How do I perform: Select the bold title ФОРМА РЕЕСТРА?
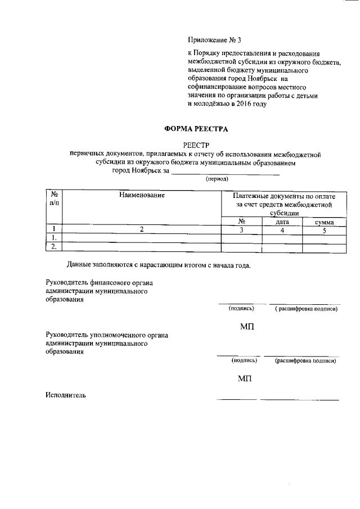pos(195,129)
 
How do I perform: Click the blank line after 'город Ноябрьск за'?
pos(225,172)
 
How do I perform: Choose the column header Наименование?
pos(142,195)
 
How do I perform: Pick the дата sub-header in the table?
pos(282,222)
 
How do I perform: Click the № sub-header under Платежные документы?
pos(241,222)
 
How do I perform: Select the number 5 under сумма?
pos(324,229)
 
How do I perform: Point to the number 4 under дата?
pos(282,229)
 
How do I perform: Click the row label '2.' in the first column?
pos(53,246)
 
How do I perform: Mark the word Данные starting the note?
pos(79,264)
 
